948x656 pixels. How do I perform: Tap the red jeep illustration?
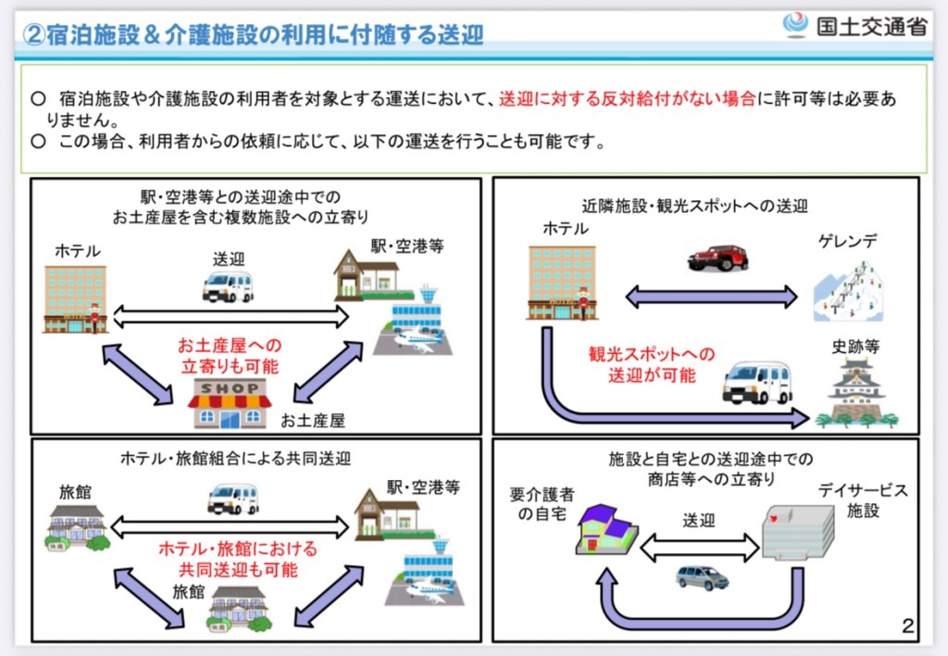(x=717, y=257)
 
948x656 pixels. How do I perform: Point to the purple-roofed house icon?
(x=605, y=528)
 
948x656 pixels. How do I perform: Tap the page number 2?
(x=907, y=625)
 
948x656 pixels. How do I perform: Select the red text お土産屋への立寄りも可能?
(x=230, y=356)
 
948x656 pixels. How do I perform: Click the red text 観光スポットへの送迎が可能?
(x=652, y=364)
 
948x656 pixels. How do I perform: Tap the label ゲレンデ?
(x=846, y=242)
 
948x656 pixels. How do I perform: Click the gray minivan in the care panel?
(x=702, y=577)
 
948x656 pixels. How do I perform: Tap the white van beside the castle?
(x=756, y=383)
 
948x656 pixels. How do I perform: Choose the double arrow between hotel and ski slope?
(x=711, y=296)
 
